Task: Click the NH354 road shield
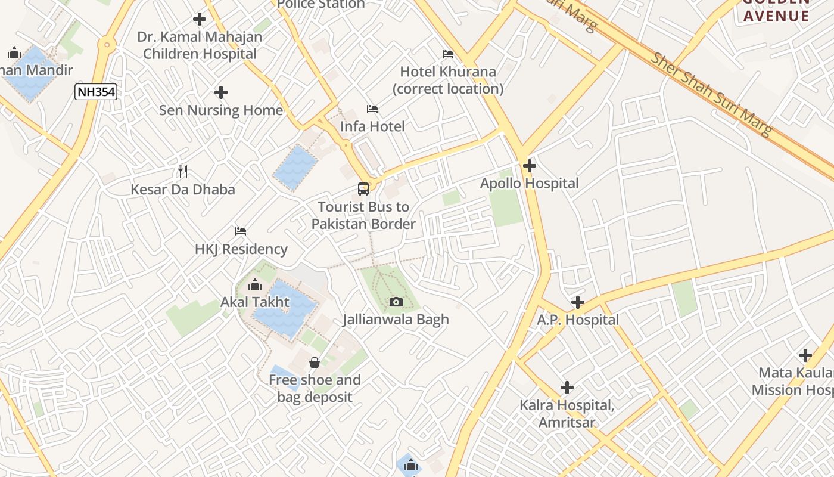(x=95, y=92)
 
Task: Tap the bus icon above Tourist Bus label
(x=363, y=189)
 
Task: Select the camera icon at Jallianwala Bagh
(x=396, y=302)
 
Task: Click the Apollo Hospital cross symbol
(x=529, y=166)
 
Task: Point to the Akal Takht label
(x=255, y=302)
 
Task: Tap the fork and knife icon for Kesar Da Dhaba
(x=183, y=172)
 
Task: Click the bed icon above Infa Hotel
(x=372, y=109)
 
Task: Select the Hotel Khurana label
(x=448, y=80)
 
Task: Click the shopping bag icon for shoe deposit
(x=315, y=363)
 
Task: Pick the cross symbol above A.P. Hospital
(x=577, y=302)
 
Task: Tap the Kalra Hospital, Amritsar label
(x=567, y=414)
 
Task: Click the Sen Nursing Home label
(x=221, y=110)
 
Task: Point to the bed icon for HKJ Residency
(x=241, y=231)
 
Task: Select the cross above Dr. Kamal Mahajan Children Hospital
(x=200, y=19)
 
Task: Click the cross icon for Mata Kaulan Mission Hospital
(x=805, y=356)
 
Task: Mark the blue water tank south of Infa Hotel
(x=295, y=168)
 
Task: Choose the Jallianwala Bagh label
(x=396, y=320)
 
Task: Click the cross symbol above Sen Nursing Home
(x=221, y=92)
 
